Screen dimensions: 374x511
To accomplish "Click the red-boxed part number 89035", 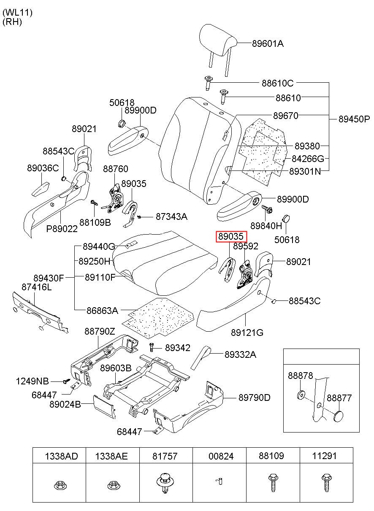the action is coord(231,236).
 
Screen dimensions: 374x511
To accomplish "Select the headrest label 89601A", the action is coord(268,43).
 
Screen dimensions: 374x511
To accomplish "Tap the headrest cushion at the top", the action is coord(218,40).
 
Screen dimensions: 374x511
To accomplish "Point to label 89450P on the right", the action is coord(354,119).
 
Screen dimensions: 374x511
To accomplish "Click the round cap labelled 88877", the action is coord(339,417).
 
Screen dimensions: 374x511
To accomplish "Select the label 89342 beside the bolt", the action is coord(178,348).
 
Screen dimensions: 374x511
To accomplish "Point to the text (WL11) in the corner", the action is coord(18,12).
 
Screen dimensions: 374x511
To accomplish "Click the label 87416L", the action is coord(36,287).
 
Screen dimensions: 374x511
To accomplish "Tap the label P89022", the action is coord(62,229).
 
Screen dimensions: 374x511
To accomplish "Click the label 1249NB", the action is coord(33,381).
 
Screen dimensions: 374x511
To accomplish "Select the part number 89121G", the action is coord(247,333).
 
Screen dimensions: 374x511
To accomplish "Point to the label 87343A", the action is coord(172,216).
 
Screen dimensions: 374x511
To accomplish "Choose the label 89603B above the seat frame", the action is coord(116,368).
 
